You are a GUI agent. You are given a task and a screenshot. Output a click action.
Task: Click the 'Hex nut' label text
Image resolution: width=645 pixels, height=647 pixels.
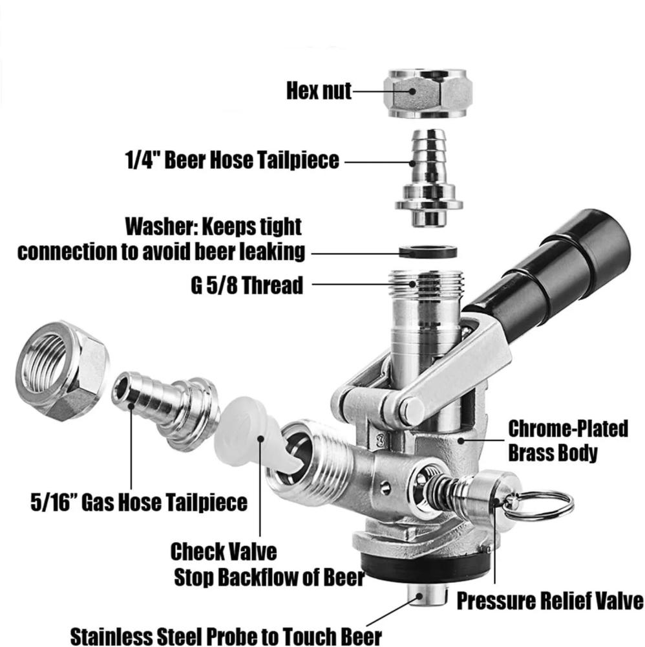(x=319, y=91)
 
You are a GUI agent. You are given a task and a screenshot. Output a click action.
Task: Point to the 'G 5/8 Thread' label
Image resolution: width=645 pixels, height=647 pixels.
(x=246, y=285)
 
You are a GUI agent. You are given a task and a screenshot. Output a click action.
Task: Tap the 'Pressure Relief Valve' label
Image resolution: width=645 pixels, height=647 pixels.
(x=549, y=601)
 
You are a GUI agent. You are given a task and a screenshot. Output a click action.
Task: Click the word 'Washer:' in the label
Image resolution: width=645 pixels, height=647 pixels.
(x=162, y=227)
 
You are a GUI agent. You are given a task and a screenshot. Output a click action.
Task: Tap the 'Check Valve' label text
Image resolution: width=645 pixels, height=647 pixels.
(x=224, y=552)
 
